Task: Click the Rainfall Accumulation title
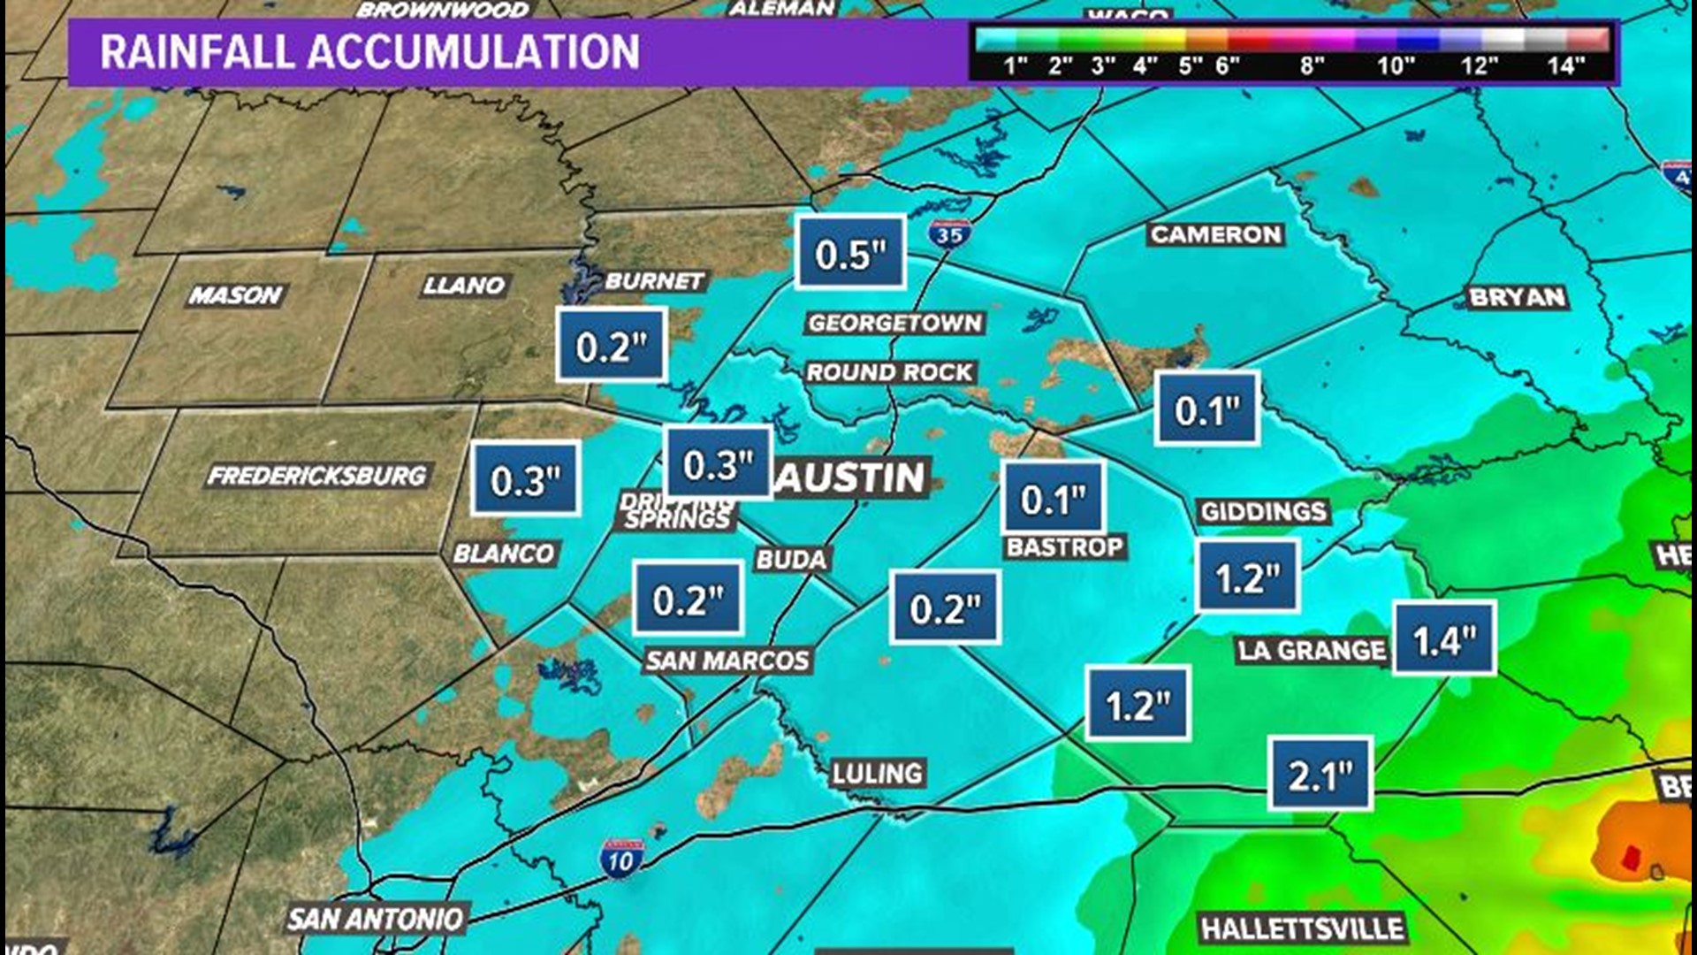coord(369,52)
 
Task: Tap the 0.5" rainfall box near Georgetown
coord(850,254)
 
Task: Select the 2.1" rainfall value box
coord(1320,775)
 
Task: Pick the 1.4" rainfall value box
coord(1444,639)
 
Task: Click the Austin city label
coord(850,477)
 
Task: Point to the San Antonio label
coord(376,920)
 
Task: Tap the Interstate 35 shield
coord(949,234)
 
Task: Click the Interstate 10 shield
coord(620,859)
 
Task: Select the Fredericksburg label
coord(316,477)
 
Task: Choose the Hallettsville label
coord(1302,928)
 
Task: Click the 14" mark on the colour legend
coord(1565,65)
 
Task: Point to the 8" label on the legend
coord(1312,65)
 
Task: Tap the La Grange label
coord(1311,651)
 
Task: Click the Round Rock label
coord(889,372)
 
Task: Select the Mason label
coord(235,294)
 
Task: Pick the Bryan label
coord(1517,297)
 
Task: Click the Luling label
coord(877,774)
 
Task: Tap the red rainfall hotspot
coord(1632,856)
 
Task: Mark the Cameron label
coord(1215,234)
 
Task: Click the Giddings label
coord(1263,511)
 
